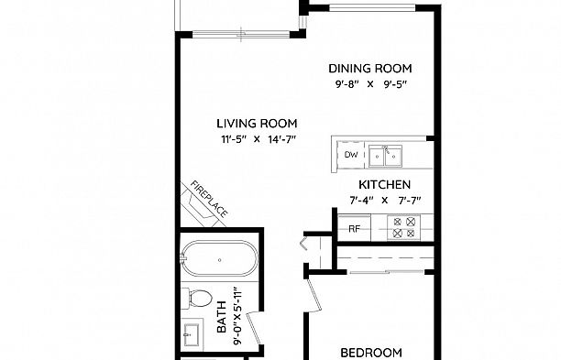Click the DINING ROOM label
370,69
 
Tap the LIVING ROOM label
257,124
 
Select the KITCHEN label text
384,184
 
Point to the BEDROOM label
371,353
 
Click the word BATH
222,317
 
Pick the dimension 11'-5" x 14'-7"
258,139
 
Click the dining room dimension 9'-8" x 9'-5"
371,84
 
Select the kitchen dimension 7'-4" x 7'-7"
385,201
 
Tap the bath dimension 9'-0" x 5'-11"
237,316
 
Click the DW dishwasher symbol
350,155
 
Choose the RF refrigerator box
354,228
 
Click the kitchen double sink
385,156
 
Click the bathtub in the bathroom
219,258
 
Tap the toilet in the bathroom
196,298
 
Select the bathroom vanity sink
192,334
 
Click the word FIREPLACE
209,199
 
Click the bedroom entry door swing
313,296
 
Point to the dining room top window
372,6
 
